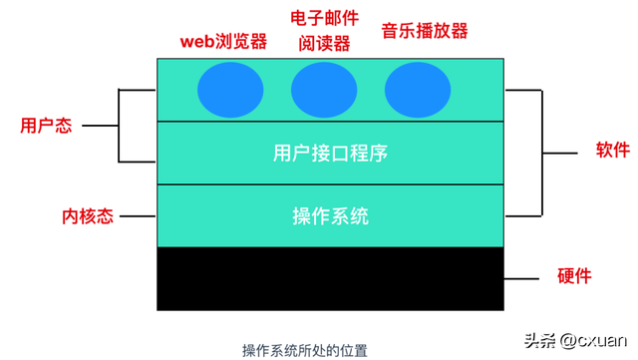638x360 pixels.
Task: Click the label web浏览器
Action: [x=223, y=42]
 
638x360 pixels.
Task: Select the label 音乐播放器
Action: [x=424, y=31]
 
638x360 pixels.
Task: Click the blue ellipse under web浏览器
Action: [x=231, y=90]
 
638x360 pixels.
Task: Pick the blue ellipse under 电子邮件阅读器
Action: [x=324, y=90]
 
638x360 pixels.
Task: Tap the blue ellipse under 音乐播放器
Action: [x=418, y=90]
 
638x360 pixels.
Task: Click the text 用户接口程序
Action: [x=329, y=154]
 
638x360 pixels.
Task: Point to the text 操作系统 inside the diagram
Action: [x=330, y=215]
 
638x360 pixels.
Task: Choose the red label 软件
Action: [x=613, y=151]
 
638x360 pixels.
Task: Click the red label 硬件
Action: [x=574, y=275]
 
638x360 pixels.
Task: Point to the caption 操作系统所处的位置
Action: [x=304, y=350]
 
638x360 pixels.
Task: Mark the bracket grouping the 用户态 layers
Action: [x=120, y=126]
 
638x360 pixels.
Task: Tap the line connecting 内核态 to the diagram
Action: [x=134, y=215]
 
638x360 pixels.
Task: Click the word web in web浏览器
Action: [x=196, y=43]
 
